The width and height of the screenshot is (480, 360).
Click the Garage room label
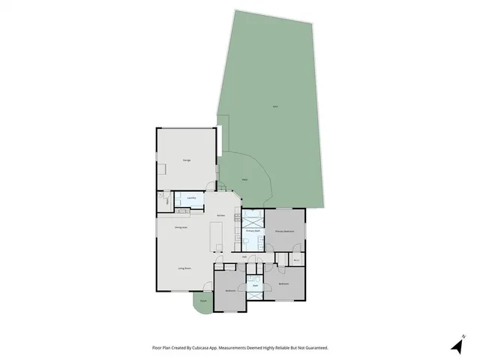pyautogui.click(x=186, y=160)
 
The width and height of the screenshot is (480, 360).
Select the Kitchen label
pyautogui.click(x=221, y=216)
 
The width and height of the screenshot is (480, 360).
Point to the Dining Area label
pyautogui.click(x=181, y=227)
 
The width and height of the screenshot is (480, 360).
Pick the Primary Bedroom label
pyautogui.click(x=285, y=232)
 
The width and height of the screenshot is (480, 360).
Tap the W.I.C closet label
pyautogui.click(x=296, y=260)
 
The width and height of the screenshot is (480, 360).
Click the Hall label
pyautogui.click(x=244, y=256)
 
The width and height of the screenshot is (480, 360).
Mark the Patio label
pyautogui.click(x=245, y=180)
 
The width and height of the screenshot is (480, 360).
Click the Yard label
pyautogui.click(x=275, y=108)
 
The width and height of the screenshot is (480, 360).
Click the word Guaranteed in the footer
pyautogui.click(x=313, y=348)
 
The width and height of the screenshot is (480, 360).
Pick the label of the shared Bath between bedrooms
pyautogui.click(x=255, y=286)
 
